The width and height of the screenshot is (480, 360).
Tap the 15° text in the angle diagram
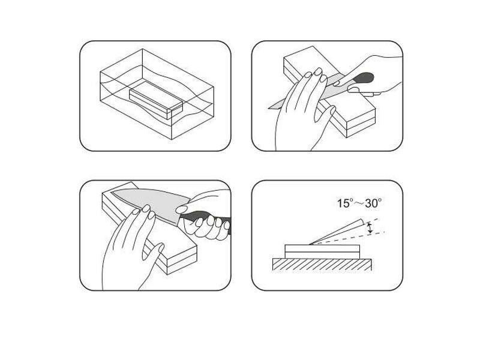click(346, 203)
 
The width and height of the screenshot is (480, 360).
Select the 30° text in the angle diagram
click(373, 203)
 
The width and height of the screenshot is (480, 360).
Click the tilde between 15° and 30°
click(359, 203)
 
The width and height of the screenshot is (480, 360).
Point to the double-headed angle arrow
click(370, 228)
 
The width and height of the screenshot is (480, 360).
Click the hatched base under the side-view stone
click(322, 265)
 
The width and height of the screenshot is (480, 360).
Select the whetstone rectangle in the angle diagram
click(322, 251)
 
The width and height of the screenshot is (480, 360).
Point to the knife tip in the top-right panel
click(269, 107)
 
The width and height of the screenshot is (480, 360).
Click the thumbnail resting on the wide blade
click(182, 209)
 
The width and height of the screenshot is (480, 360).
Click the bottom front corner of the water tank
click(172, 140)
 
